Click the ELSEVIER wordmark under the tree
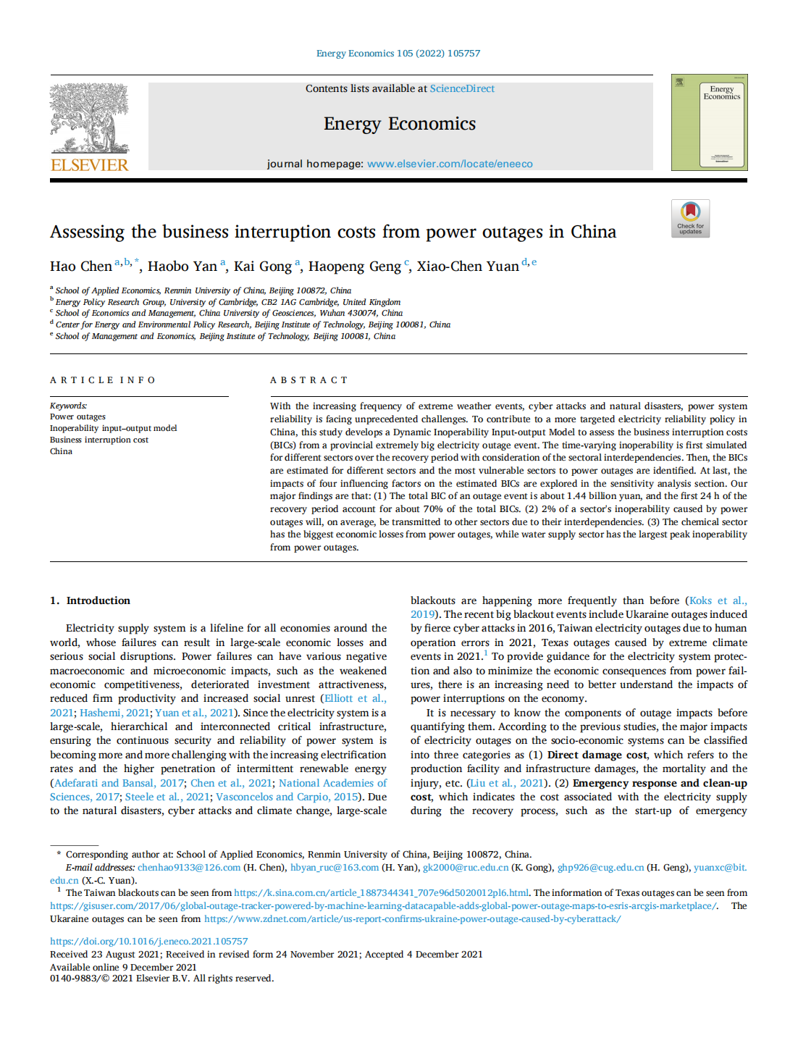[89, 165]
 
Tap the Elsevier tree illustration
[89, 117]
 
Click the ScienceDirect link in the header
[462, 88]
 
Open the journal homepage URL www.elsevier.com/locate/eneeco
[450, 164]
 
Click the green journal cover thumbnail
[709, 122]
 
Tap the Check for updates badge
[690, 218]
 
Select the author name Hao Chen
[81, 267]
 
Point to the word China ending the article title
[593, 232]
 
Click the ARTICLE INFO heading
[103, 380]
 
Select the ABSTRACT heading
[309, 380]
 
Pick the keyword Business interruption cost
[99, 440]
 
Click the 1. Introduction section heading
[91, 600]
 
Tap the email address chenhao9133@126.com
[189, 868]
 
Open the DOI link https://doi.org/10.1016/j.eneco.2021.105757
[148, 942]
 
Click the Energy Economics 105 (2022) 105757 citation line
[398, 54]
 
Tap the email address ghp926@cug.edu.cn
[600, 868]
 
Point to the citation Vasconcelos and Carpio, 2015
[287, 797]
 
